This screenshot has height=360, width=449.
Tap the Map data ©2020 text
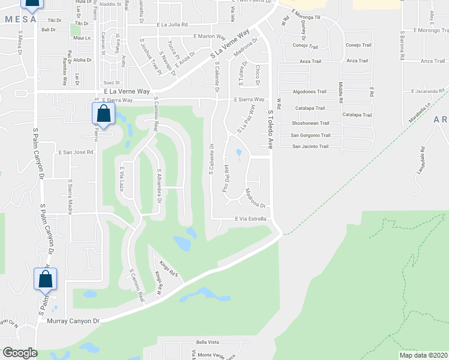point(424,355)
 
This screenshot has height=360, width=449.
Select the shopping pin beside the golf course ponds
point(104,114)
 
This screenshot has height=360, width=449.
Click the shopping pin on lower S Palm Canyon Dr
point(45,279)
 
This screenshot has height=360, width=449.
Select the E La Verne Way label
point(126,91)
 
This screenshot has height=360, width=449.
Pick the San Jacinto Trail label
point(310,146)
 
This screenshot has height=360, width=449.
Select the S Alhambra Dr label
point(159,186)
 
